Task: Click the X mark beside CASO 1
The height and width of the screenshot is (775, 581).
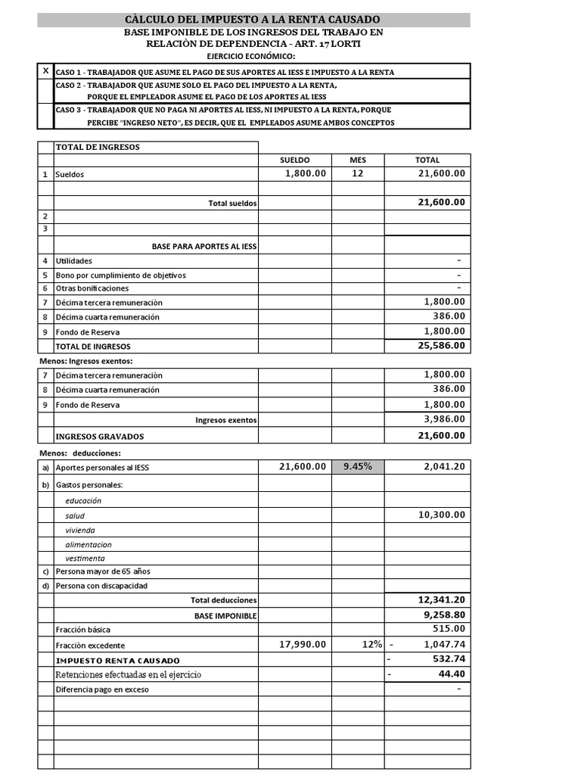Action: (45, 71)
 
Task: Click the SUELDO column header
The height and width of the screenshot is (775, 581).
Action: (294, 160)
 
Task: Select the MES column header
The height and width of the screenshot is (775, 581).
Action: (357, 160)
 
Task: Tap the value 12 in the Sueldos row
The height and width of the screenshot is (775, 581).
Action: (357, 173)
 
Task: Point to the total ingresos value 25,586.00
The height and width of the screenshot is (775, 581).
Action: (442, 346)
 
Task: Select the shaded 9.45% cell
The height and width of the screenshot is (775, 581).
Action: (357, 467)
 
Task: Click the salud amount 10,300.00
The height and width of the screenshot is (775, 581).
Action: (442, 515)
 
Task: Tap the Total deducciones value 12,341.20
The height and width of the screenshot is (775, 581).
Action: (442, 599)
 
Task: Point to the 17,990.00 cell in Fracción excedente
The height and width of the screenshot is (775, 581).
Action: (303, 645)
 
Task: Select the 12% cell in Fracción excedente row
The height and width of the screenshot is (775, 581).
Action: (371, 645)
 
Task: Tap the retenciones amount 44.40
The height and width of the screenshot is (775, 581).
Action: (452, 674)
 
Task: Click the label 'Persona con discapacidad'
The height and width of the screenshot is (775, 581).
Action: (101, 586)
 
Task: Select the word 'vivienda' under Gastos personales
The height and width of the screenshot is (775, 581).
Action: (80, 530)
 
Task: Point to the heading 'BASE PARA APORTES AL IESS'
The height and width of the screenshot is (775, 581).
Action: (204, 247)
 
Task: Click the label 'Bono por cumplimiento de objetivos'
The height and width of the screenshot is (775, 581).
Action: (120, 275)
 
